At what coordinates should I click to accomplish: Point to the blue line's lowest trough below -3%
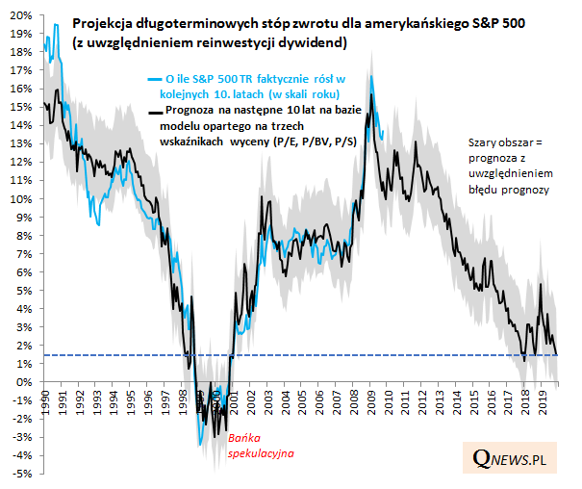click(200, 444)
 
